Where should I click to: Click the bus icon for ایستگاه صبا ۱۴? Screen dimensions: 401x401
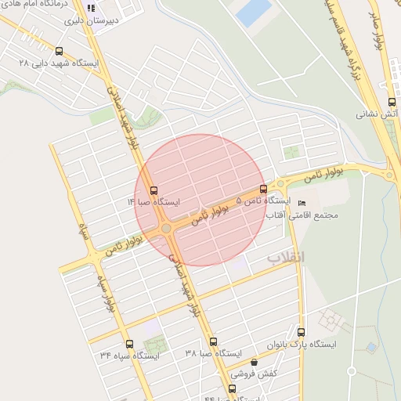coord(153,190)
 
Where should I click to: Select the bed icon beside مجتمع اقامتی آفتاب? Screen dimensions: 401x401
coord(302,204)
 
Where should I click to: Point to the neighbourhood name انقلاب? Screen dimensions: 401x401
coord(286,257)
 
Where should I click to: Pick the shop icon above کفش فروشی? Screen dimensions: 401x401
coord(254,363)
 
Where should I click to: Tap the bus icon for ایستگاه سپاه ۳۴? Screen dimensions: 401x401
coord(129,343)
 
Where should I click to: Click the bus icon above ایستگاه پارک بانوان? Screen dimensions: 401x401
coord(301,332)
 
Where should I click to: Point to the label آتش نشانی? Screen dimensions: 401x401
coord(378,114)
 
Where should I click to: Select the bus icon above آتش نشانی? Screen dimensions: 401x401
coord(392,102)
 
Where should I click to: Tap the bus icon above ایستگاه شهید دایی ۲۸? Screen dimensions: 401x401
coord(59,51)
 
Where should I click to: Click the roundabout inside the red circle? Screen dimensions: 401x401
coord(166,228)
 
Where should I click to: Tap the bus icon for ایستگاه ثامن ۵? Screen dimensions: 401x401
coord(262,189)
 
